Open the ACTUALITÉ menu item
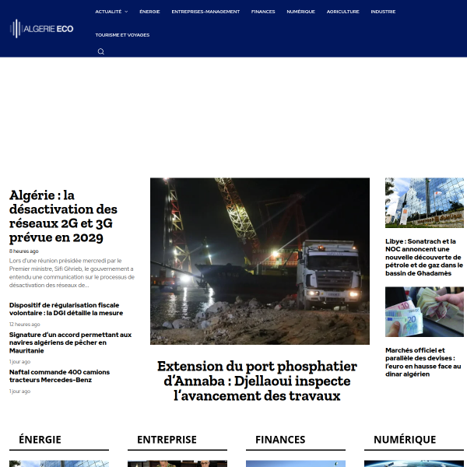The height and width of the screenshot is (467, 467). click(109, 12)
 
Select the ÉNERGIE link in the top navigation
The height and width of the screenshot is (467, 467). click(149, 12)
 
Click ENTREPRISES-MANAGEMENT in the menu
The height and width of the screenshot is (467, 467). click(205, 12)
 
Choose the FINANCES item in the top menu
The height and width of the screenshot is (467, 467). click(263, 12)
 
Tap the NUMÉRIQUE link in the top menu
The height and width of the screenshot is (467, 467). click(300, 12)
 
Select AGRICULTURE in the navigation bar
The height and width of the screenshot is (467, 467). click(343, 12)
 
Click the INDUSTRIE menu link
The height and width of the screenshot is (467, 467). click(383, 12)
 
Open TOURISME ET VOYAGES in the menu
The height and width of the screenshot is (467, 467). click(122, 35)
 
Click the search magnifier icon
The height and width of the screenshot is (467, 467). click(100, 52)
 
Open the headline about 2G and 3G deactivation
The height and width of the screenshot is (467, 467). click(64, 216)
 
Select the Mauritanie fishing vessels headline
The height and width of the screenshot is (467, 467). click(70, 342)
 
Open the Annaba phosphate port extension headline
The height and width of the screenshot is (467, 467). click(257, 381)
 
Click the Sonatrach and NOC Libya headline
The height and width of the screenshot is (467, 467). click(424, 258)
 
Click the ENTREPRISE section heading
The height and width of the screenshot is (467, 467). click(167, 440)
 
